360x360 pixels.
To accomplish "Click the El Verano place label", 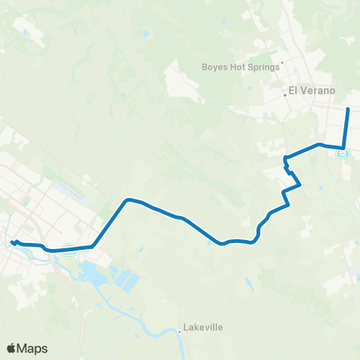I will pyautogui.click(x=313, y=92).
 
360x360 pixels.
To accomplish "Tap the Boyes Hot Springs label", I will pyautogui.click(x=240, y=66).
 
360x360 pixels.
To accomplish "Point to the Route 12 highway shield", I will pyautogui.click(x=343, y=153).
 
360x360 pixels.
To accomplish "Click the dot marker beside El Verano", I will pyautogui.click(x=285, y=94).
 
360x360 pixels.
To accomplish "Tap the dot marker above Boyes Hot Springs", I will pyautogui.click(x=282, y=62).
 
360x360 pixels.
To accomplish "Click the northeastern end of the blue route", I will pyautogui.click(x=348, y=109).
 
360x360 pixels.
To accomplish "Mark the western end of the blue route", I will pyautogui.click(x=12, y=241).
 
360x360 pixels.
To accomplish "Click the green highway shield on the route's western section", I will pyautogui.click(x=69, y=251).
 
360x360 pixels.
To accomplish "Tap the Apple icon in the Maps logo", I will pyautogui.click(x=11, y=347).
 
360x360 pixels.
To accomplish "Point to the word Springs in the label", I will pyautogui.click(x=262, y=66).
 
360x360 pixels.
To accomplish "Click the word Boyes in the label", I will pyautogui.click(x=214, y=66).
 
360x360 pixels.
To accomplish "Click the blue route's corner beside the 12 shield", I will pyautogui.click(x=343, y=148).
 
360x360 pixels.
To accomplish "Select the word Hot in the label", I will pyautogui.click(x=237, y=66).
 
